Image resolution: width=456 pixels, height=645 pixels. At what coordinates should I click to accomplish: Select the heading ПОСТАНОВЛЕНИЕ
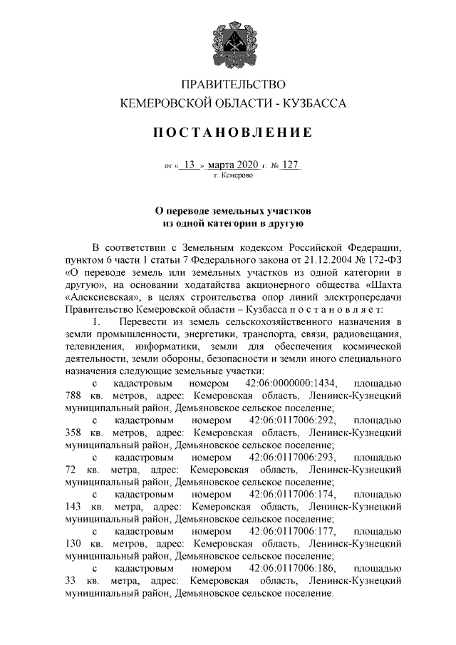[x=234, y=133]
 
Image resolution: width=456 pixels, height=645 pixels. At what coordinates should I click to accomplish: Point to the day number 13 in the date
[x=190, y=165]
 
